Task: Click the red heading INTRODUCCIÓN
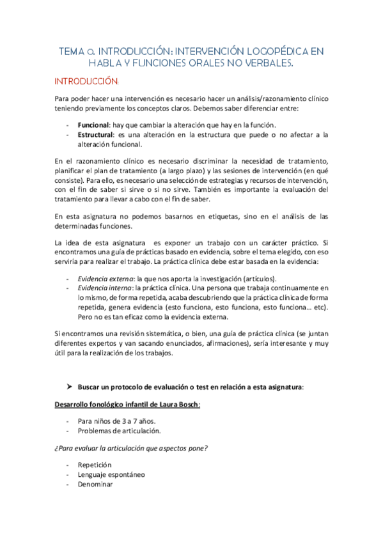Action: point(86,82)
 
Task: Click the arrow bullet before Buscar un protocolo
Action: point(70,387)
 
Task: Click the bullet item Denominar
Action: point(96,484)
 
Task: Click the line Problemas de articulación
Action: point(114,431)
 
